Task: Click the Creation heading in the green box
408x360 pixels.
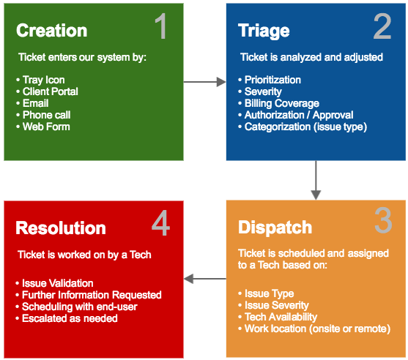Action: click(x=51, y=31)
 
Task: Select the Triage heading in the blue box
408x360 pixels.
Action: click(x=264, y=31)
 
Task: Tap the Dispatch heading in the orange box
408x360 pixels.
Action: click(x=275, y=227)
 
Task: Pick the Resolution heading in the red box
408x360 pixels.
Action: click(x=61, y=228)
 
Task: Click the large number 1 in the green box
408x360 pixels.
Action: click(x=160, y=28)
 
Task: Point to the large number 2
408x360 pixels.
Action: click(x=382, y=28)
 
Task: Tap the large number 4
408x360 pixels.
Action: click(x=160, y=224)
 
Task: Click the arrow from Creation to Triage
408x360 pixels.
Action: click(x=204, y=83)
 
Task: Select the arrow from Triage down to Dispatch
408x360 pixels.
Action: click(x=316, y=180)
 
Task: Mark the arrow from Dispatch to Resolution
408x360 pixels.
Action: click(x=204, y=278)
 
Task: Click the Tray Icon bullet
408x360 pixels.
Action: click(x=43, y=80)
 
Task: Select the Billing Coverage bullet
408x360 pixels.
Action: click(x=282, y=103)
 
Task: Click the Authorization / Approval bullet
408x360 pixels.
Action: click(x=298, y=115)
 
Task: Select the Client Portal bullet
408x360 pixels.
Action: click(x=50, y=91)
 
